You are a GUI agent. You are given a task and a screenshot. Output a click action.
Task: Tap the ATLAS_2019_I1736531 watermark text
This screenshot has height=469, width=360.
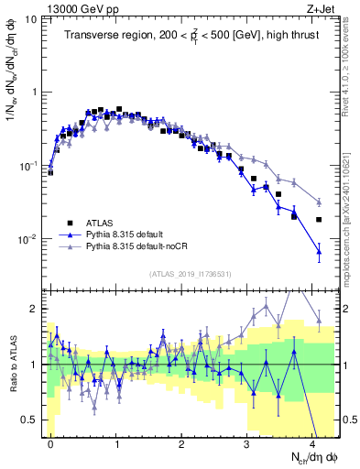click(189, 274)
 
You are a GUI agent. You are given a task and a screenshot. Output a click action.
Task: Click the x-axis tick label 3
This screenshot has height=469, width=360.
click(246, 442)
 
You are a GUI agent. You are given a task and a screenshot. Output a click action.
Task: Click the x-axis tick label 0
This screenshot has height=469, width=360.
click(50, 442)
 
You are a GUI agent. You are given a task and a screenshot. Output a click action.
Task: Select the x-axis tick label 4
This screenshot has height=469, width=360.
click(312, 442)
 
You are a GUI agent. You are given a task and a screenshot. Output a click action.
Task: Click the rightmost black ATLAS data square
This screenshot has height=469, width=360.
click(319, 220)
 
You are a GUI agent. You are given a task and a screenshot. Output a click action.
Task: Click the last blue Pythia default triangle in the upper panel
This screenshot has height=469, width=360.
click(319, 250)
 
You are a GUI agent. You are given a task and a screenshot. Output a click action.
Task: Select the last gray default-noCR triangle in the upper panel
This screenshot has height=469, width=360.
click(319, 202)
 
